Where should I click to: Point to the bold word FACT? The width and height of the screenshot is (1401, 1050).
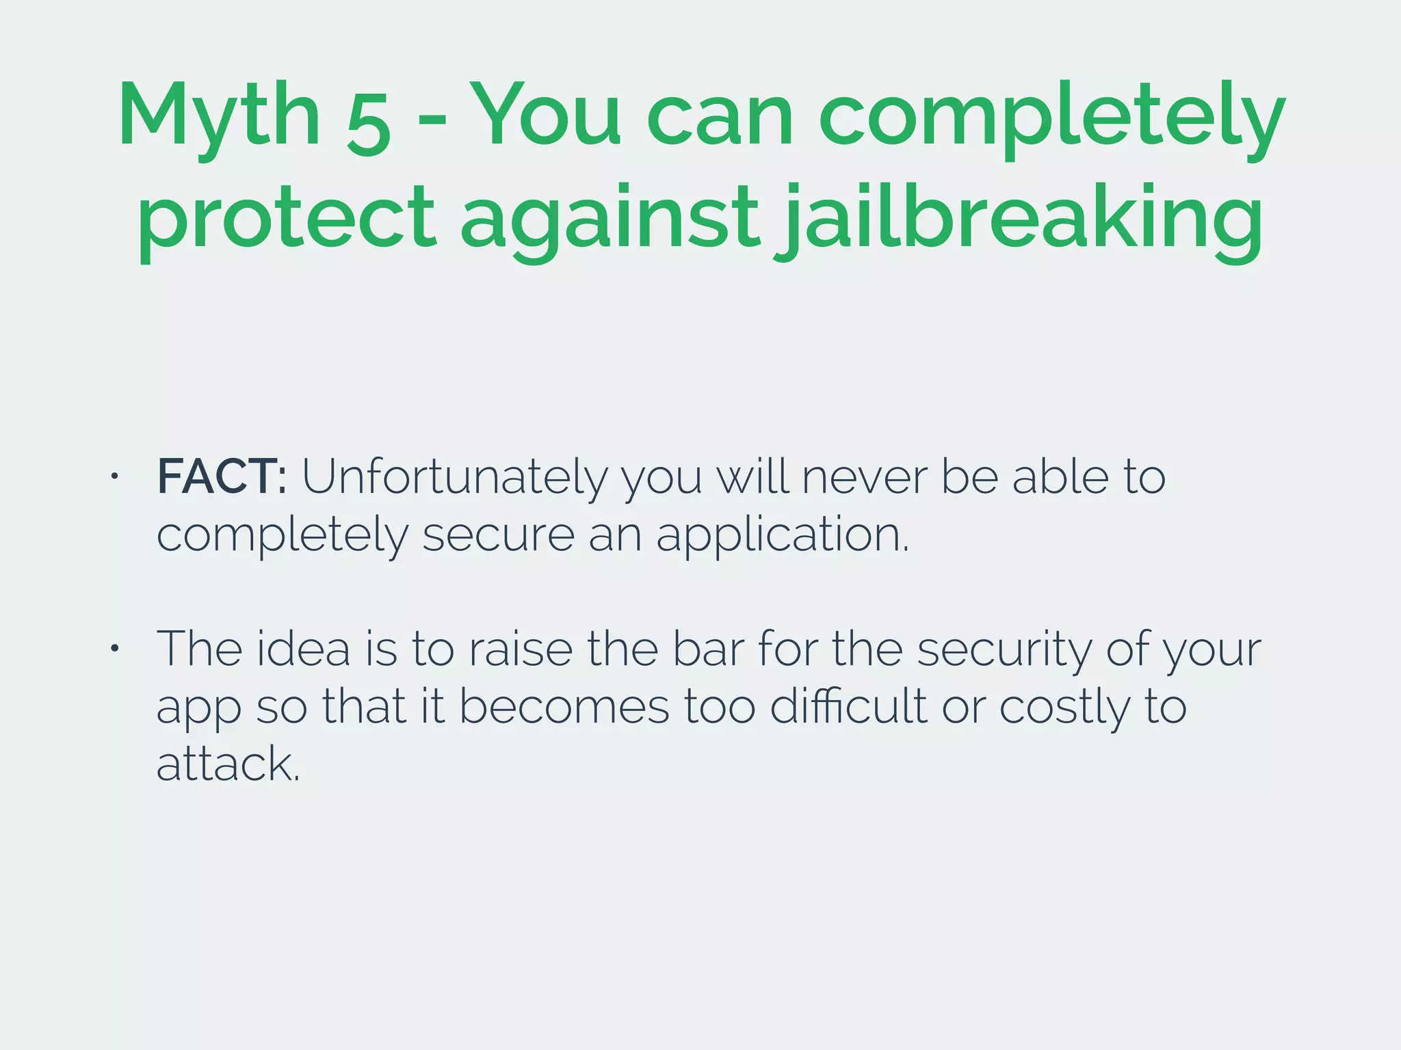(222, 476)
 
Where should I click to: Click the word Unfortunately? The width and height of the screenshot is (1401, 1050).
(454, 478)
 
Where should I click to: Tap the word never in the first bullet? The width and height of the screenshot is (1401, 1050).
(865, 476)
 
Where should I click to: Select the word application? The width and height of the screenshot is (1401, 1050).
(783, 535)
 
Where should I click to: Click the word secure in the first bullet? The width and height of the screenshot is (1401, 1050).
(498, 535)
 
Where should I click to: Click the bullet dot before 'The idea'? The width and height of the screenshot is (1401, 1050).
(115, 648)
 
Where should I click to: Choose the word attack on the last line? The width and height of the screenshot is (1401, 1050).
(228, 764)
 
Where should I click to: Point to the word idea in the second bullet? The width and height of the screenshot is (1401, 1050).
(303, 649)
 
